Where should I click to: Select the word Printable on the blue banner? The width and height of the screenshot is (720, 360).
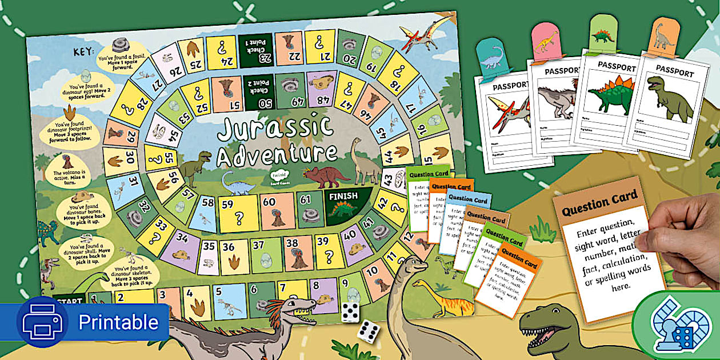(x=118, y=322)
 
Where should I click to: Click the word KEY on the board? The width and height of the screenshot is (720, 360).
(x=84, y=52)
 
